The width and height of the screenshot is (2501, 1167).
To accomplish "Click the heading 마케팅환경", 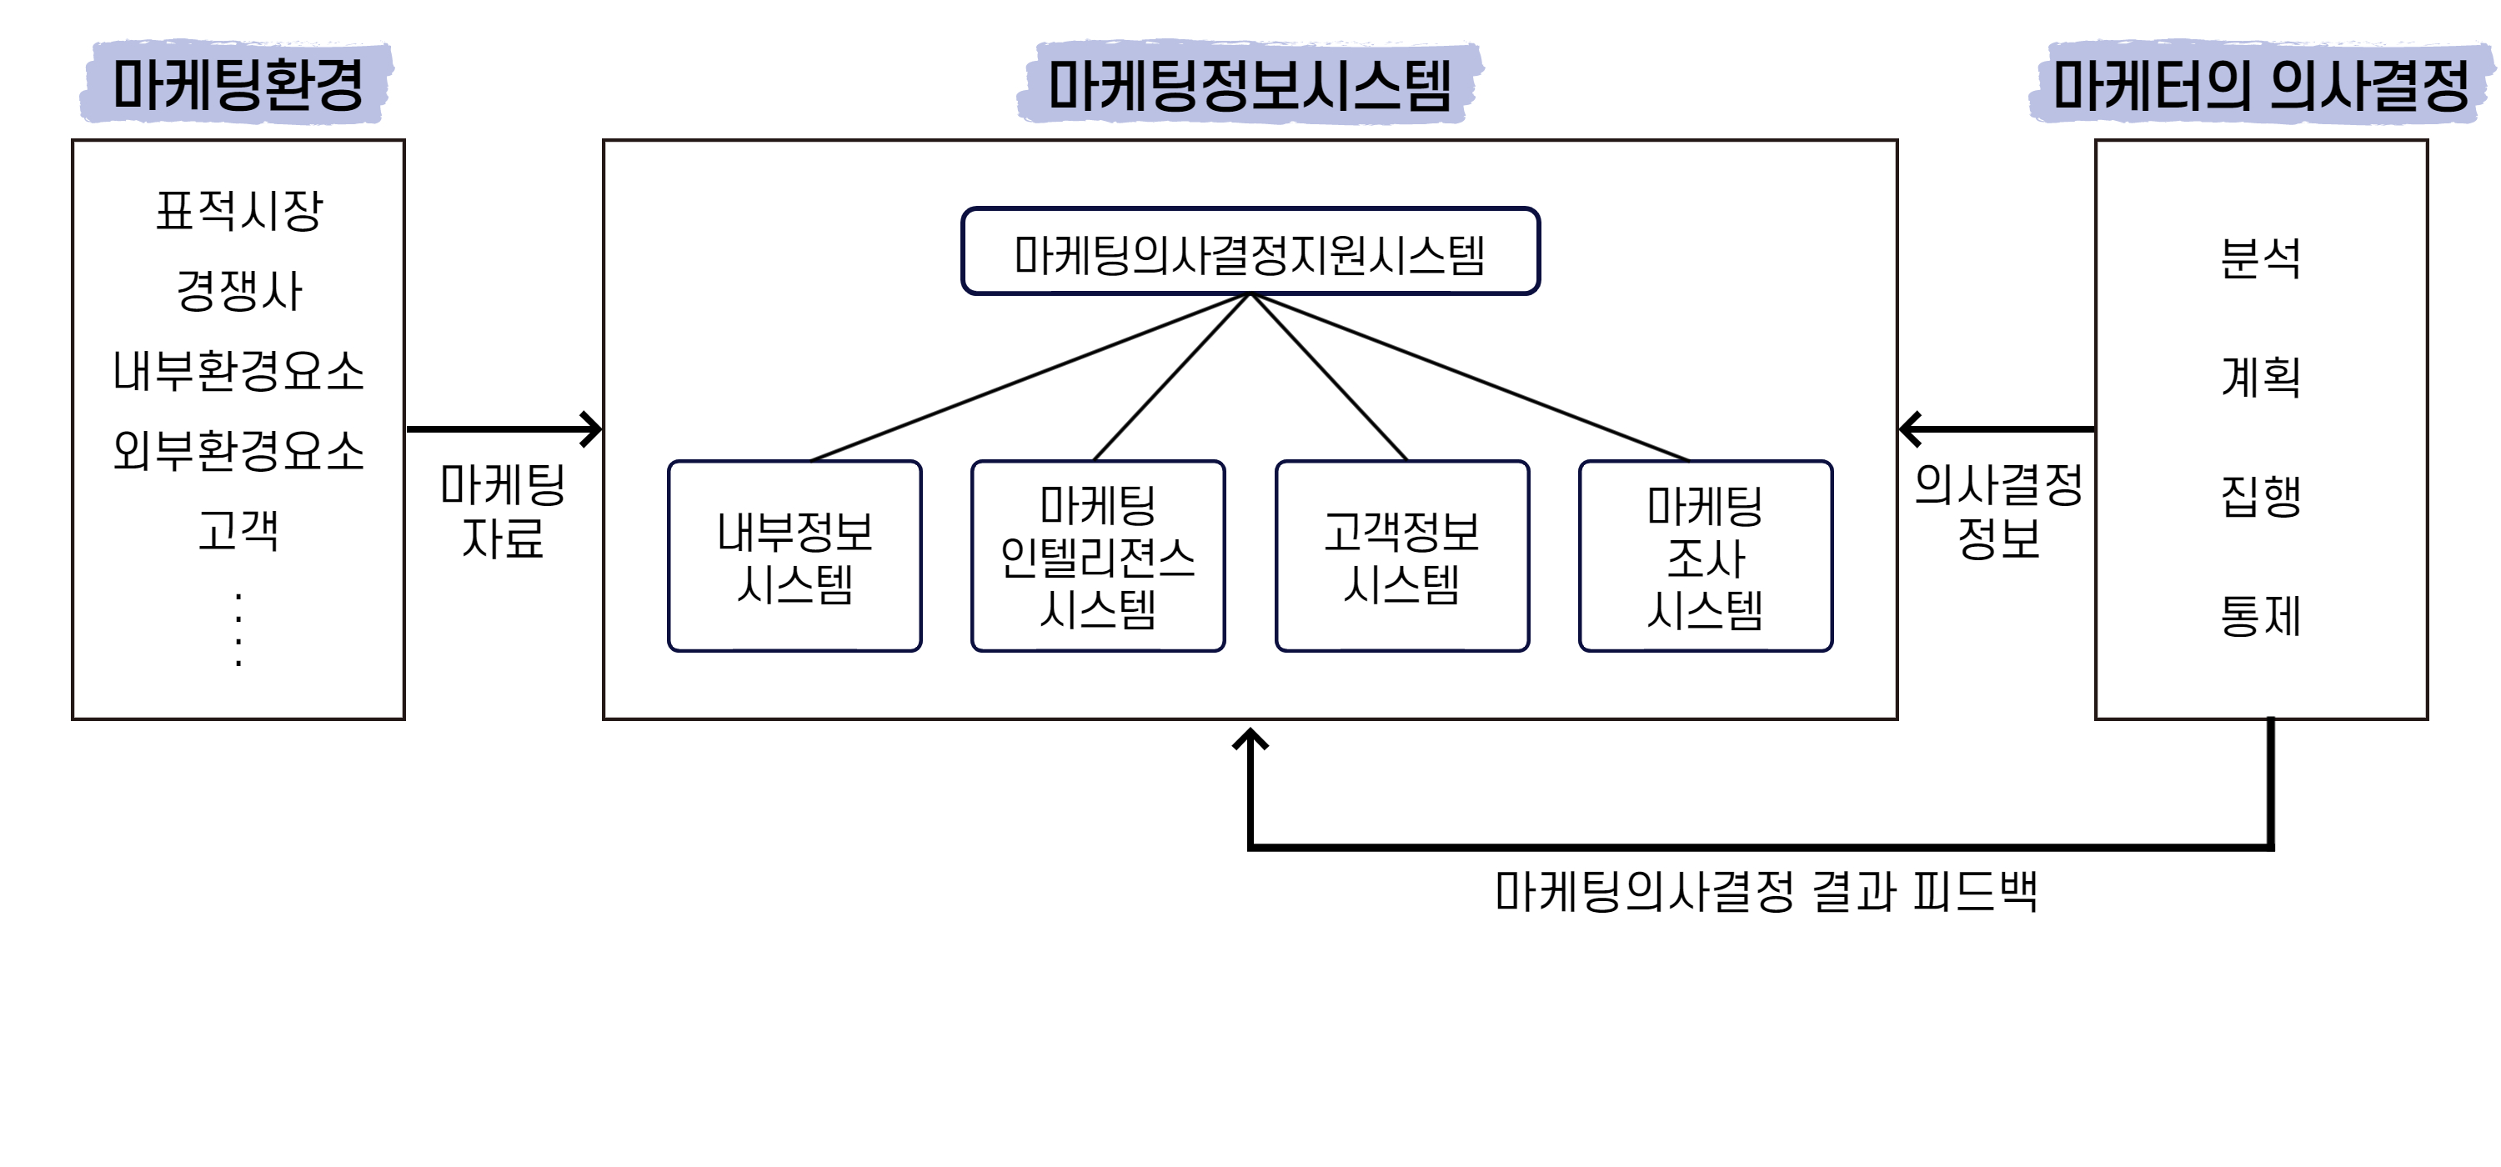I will (238, 84).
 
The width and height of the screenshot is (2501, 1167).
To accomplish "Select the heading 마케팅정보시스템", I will (1250, 84).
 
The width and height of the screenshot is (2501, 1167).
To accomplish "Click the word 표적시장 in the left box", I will (238, 211).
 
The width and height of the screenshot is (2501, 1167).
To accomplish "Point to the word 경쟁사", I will (238, 290).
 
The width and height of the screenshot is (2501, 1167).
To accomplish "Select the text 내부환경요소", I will (238, 371).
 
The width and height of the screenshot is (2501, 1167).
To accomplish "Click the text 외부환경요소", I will (238, 450).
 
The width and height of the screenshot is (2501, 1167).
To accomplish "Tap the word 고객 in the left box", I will (238, 531).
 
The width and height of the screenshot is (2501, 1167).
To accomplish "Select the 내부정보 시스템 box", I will (794, 556).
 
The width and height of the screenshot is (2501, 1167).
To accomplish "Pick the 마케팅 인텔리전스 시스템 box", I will (1097, 556).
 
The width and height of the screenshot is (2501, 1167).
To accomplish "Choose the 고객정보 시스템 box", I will (1401, 556).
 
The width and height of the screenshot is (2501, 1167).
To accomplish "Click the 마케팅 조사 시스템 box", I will (1705, 556).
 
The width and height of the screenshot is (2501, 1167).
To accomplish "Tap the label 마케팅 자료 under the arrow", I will (502, 511).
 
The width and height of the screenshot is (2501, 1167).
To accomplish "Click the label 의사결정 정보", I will (1998, 511).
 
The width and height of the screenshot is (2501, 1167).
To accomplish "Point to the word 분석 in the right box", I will (2260, 258).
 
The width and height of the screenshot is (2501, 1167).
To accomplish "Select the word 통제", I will (2260, 615).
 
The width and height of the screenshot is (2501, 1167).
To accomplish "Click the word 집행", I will (2260, 496).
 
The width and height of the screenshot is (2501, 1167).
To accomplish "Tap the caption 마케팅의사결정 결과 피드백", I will (1765, 891).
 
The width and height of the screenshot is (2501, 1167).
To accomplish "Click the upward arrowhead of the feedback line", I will (1250, 740).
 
